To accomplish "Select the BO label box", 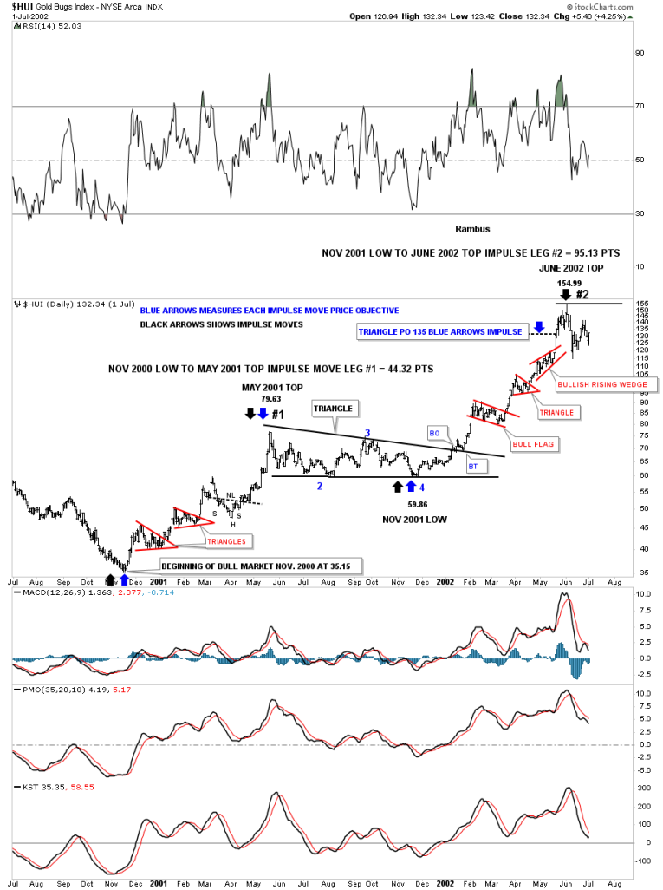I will [x=435, y=431].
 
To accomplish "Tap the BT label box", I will [x=473, y=467].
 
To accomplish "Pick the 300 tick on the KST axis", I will [x=642, y=788].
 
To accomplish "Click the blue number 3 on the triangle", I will [x=367, y=432].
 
